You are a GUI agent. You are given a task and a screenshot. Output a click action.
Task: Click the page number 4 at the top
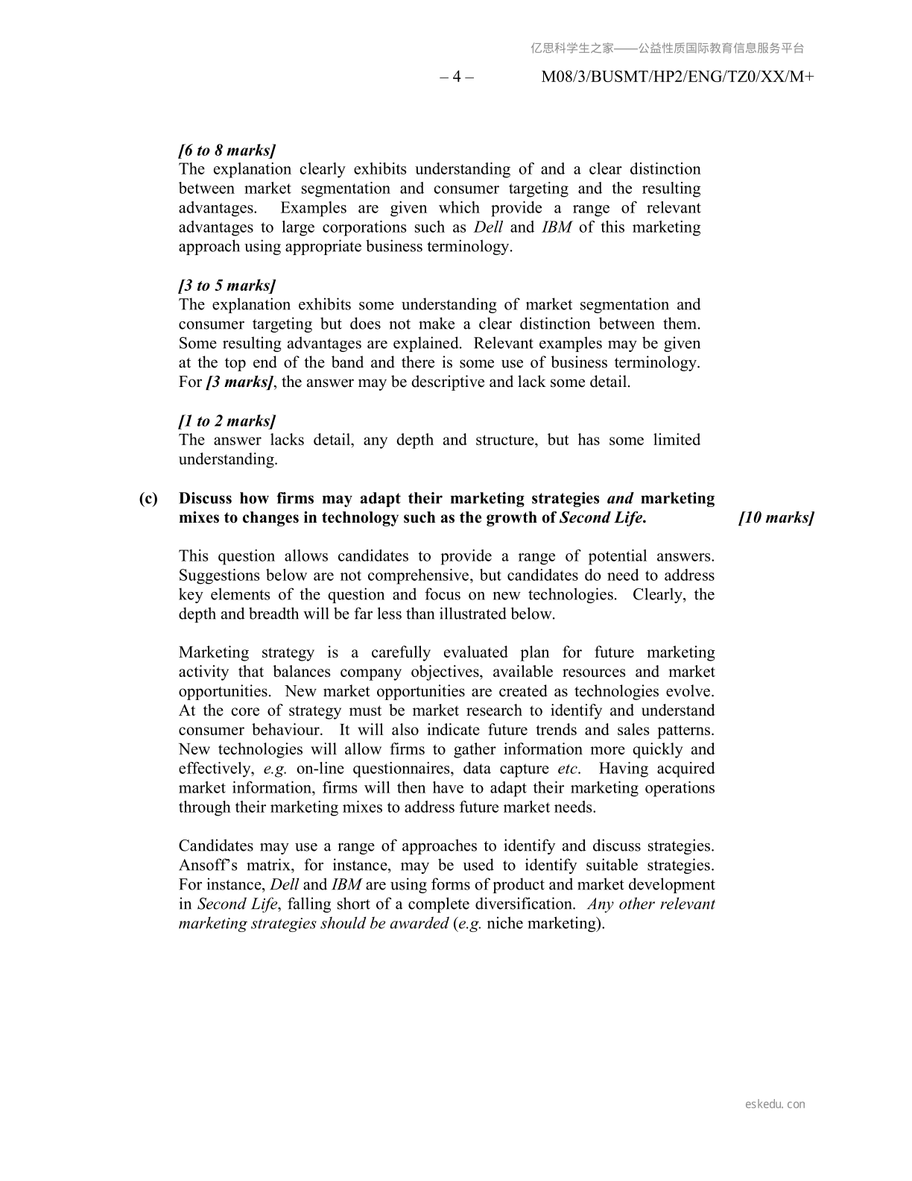click(457, 77)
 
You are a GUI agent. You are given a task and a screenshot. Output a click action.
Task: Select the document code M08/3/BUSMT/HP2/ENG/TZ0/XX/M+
click(677, 77)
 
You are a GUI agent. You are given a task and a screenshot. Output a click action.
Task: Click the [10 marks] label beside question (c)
click(776, 518)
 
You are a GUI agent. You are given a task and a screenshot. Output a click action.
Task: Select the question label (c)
click(148, 499)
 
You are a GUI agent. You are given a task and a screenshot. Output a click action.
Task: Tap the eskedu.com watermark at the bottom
click(775, 1104)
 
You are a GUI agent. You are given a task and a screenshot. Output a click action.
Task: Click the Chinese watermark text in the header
click(667, 48)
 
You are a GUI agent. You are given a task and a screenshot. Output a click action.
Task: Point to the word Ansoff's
click(208, 866)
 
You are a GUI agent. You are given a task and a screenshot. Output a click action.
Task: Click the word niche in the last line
click(507, 924)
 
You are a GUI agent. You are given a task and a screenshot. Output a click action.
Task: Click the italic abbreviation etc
click(569, 769)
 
